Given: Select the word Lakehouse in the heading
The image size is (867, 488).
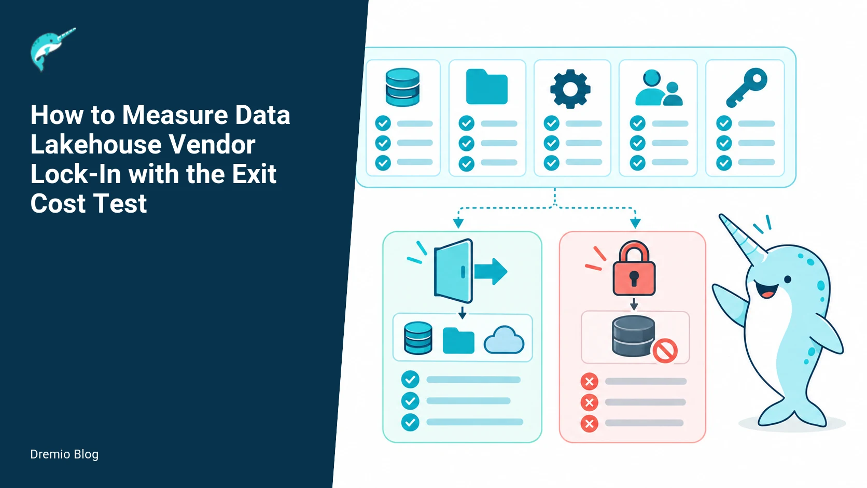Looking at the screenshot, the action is tap(95, 144).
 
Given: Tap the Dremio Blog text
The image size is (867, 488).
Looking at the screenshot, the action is tap(64, 454).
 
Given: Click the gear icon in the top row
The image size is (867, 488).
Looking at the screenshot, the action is tap(570, 89).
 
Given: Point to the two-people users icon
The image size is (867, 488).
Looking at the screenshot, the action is tap(659, 88).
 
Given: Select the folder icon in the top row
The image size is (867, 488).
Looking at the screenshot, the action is tap(486, 87).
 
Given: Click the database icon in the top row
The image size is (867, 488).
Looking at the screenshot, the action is tap(402, 87).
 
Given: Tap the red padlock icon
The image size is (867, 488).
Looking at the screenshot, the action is tap(634, 269).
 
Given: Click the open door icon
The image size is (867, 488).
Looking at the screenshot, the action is tap(453, 271).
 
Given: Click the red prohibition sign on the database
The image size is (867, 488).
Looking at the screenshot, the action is tap(665, 351).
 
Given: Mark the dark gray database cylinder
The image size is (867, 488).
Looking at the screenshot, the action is tap(633, 336).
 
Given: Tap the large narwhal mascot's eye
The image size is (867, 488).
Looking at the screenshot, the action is tap(787, 280).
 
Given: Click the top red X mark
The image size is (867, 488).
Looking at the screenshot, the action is tap(589, 382).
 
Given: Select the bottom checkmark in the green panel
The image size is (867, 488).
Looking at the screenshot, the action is tap(410, 422).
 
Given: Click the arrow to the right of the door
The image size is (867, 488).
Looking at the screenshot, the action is tap(491, 271).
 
